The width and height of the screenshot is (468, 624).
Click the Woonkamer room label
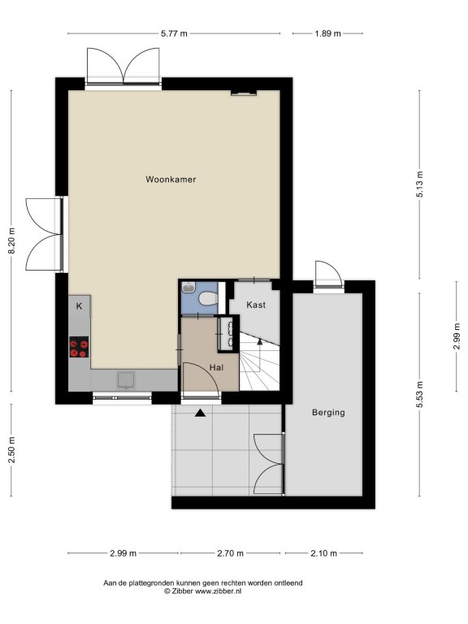[x=171, y=180]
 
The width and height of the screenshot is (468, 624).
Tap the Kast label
[x=256, y=305]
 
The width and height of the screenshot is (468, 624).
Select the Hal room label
[x=216, y=368]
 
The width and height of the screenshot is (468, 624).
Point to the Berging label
[x=328, y=413]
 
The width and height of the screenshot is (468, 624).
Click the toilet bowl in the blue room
[x=208, y=298]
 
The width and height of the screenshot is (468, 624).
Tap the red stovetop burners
[x=79, y=347]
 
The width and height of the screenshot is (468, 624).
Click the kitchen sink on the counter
[x=127, y=380]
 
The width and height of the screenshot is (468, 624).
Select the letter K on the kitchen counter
[x=79, y=306]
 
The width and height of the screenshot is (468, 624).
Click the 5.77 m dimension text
[x=174, y=34]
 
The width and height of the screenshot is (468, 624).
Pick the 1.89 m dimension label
[x=328, y=34]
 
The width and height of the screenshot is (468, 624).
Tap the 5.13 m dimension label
[x=420, y=184]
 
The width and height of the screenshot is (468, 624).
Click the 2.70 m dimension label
[x=231, y=553]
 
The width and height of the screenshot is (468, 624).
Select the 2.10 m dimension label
[x=324, y=553]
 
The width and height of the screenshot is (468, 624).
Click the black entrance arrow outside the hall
[x=200, y=413]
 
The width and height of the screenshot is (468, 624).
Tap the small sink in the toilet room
[x=188, y=288]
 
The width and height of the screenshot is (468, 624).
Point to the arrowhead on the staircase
[x=260, y=341]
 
